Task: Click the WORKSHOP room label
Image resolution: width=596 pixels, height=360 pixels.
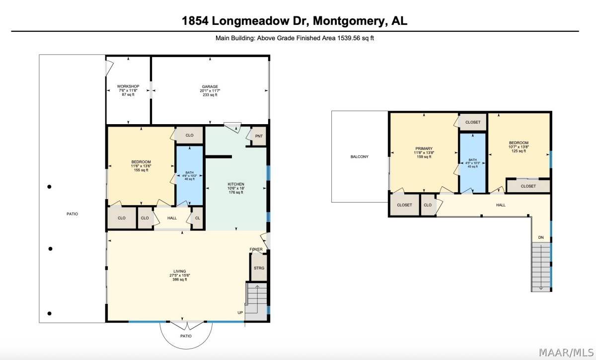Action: pos(128,86)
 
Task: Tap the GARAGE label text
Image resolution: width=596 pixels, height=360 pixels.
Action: pos(210,86)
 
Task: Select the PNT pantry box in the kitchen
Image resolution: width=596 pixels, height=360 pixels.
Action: pos(259,136)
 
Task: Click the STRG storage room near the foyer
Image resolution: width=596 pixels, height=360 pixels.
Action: pos(259,268)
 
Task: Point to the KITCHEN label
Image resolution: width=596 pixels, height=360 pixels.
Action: pos(236,184)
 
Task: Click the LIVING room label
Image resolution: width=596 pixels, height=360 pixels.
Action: pos(180,272)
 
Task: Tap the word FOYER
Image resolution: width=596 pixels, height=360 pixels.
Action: pos(256,249)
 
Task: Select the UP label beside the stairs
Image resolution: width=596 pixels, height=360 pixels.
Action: pos(240,313)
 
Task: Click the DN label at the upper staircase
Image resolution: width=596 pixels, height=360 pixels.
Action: pos(541,237)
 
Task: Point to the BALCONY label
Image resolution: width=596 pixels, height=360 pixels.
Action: pos(360,157)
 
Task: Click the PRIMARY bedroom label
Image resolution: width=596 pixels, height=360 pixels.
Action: pos(424,148)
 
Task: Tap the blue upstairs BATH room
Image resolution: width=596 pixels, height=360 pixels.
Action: pos(473,163)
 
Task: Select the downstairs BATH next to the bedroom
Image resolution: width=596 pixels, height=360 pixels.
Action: pos(190,176)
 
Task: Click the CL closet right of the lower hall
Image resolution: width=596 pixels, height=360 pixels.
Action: pos(198,218)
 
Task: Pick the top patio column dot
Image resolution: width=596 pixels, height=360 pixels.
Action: pos(49,187)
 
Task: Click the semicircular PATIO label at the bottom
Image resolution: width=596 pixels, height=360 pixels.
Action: pos(186,336)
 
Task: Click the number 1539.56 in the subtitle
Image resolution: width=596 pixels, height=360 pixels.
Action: pos(349,38)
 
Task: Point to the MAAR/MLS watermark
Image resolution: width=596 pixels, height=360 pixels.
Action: pos(566,353)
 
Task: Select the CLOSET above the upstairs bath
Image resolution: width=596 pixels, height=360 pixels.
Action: pos(473,122)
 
